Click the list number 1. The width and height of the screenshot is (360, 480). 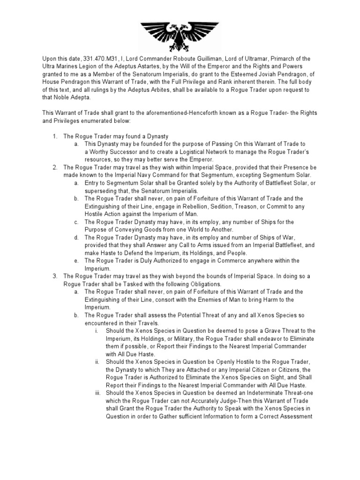coord(54,135)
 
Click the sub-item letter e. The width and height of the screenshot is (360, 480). coord(76,260)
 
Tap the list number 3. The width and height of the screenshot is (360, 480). coord(54,276)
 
